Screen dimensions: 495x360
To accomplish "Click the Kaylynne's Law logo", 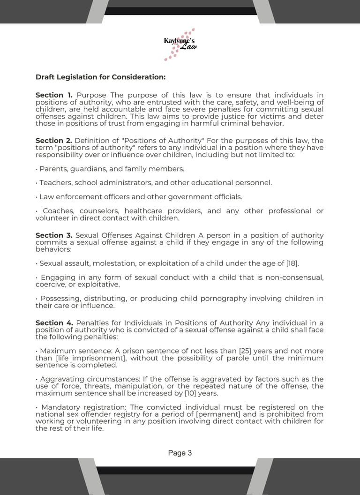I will click(x=180, y=44).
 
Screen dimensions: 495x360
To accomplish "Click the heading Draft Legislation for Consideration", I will click(x=100, y=77).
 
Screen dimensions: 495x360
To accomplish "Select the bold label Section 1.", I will click(x=54, y=95).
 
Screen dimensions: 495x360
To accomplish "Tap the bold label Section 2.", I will click(x=53, y=141).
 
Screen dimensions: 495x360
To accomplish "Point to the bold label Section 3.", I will click(x=54, y=235).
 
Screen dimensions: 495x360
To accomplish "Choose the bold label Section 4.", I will click(x=54, y=323).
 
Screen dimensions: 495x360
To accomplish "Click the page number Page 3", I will click(x=180, y=453).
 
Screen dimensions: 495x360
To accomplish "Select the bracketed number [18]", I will click(x=292, y=263).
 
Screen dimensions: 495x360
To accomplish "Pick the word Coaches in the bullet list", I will click(x=58, y=211).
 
